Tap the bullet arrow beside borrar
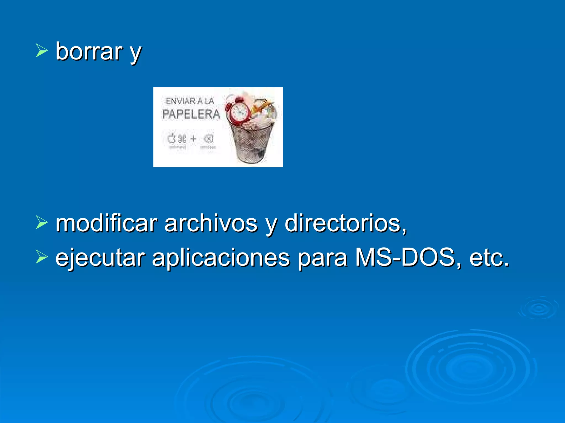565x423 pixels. (x=42, y=51)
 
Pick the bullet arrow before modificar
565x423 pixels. (x=42, y=223)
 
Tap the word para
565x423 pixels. (x=323, y=258)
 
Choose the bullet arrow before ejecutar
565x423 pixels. (x=42, y=257)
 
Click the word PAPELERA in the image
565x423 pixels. (x=191, y=114)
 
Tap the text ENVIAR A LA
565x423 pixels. (x=190, y=101)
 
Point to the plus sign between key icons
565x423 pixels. (x=193, y=138)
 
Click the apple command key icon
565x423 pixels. (x=177, y=139)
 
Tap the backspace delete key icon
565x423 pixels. (x=208, y=139)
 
